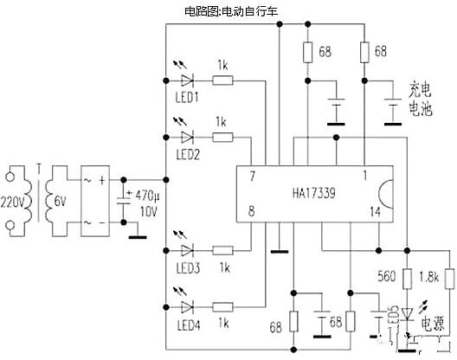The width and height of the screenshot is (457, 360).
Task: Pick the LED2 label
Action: click(x=187, y=154)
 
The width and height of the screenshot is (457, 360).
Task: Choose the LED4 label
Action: click(x=187, y=325)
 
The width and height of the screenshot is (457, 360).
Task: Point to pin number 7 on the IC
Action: click(x=252, y=177)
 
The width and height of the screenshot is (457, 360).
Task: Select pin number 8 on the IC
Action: click(x=252, y=209)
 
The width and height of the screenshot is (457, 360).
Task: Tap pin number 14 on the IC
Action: click(x=374, y=209)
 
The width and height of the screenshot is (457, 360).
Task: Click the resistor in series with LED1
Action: click(x=222, y=80)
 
